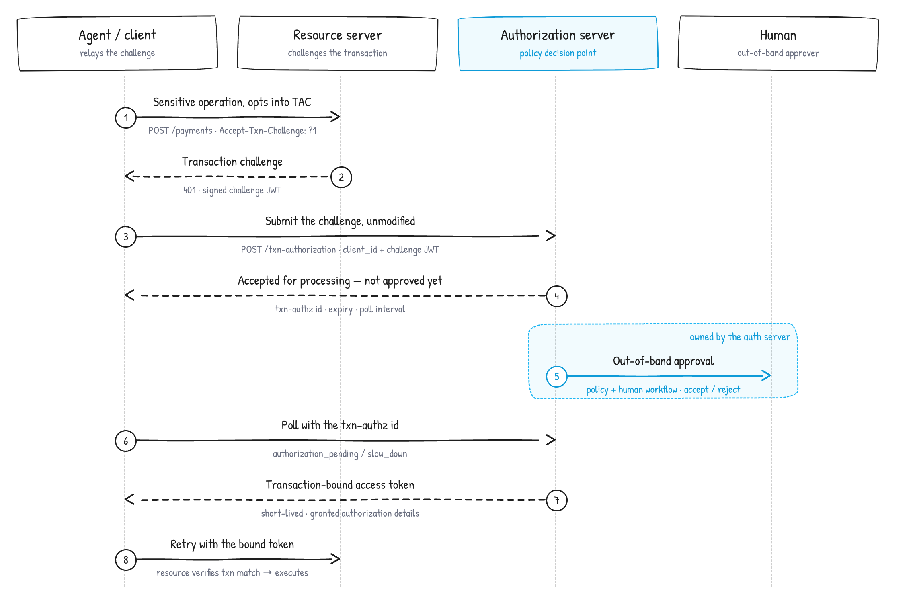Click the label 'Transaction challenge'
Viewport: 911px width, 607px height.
click(232, 162)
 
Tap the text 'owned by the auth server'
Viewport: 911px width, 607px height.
click(740, 337)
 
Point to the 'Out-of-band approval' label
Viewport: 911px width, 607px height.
click(663, 361)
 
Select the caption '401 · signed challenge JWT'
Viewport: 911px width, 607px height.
click(232, 190)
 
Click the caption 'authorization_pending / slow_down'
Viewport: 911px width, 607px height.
click(340, 454)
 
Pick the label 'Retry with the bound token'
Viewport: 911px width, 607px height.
click(232, 544)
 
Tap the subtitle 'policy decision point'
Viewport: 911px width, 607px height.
click(558, 53)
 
